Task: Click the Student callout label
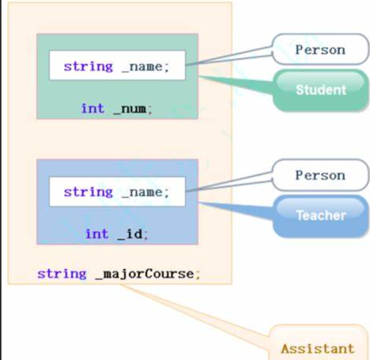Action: click(321, 89)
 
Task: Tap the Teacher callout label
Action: click(321, 215)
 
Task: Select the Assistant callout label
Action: click(317, 348)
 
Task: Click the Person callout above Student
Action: click(320, 50)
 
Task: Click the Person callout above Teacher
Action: click(320, 175)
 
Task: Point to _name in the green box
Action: click(144, 67)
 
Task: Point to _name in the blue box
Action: click(144, 193)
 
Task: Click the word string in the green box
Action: click(88, 66)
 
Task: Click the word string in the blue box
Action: click(88, 192)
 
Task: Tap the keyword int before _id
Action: click(97, 234)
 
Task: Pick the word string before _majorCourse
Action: click(62, 274)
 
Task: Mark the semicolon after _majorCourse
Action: click(198, 275)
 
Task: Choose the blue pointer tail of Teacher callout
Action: click(235, 209)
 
